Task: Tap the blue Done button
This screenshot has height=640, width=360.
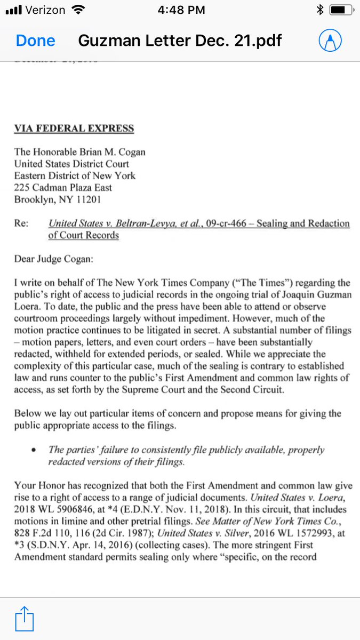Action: click(x=35, y=41)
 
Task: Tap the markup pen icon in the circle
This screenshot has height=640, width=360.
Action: click(x=330, y=41)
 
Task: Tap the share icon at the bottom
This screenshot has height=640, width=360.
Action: click(x=24, y=619)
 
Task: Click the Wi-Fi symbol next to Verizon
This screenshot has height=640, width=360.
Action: click(x=78, y=10)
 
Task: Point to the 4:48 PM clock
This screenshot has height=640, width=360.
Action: click(x=180, y=10)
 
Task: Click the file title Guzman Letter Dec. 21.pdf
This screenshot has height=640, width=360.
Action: click(x=180, y=41)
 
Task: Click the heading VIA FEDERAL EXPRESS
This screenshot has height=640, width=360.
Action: click(x=74, y=129)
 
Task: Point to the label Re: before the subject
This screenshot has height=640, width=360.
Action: click(x=21, y=224)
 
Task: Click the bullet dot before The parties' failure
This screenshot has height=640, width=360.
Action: click(x=34, y=450)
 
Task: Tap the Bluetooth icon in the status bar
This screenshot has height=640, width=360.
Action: click(x=319, y=10)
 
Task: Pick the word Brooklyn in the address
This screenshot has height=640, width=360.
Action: click(x=33, y=200)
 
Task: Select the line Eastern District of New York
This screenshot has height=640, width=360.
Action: click(x=75, y=175)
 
